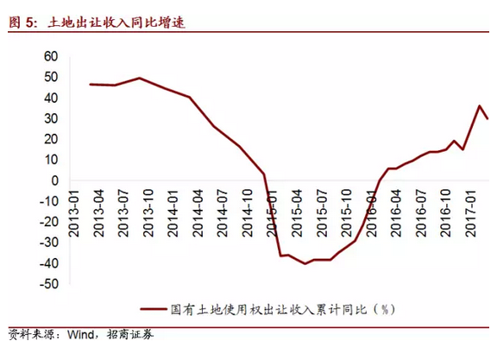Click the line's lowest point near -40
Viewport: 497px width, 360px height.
[x=305, y=263]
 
